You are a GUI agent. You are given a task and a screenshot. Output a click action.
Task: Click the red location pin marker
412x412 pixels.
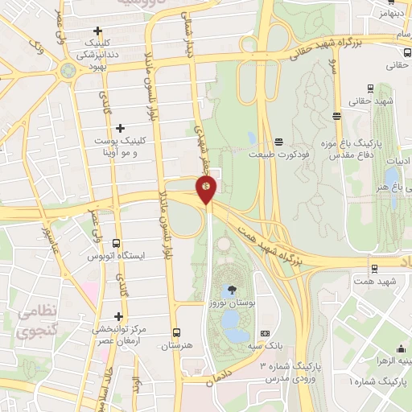click(x=207, y=190)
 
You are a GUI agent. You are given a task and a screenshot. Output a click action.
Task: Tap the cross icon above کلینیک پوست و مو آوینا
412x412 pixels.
click(x=121, y=127)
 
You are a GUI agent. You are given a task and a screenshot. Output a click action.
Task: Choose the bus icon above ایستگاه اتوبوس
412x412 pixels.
click(x=117, y=243)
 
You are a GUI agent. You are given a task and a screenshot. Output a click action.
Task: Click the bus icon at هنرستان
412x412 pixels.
click(x=177, y=332)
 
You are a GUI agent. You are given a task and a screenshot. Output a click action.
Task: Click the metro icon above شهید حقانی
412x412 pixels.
click(x=370, y=89)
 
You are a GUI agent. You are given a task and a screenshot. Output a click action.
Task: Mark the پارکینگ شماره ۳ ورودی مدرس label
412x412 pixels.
click(x=290, y=372)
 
